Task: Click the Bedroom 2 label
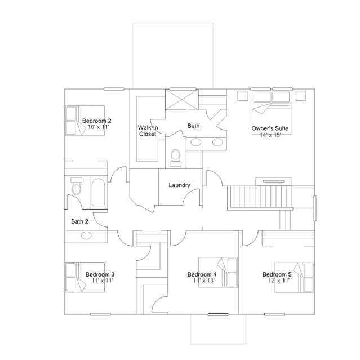pyautogui.click(x=97, y=121)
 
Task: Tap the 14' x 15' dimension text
pyautogui.click(x=270, y=135)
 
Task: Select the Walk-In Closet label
pyautogui.click(x=148, y=131)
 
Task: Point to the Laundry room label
pyautogui.click(x=180, y=185)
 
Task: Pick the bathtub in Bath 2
pyautogui.click(x=98, y=193)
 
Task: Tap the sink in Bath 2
pyautogui.click(x=86, y=235)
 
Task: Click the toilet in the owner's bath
pyautogui.click(x=176, y=158)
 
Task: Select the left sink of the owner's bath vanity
pyautogui.click(x=196, y=143)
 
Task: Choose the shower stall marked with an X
pyautogui.click(x=181, y=100)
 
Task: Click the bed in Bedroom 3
pyautogui.click(x=85, y=277)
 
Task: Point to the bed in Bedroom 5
pyautogui.click(x=294, y=278)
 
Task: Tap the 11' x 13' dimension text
pyautogui.click(x=204, y=281)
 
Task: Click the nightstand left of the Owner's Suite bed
pyautogui.click(x=242, y=96)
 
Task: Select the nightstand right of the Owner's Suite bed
pyautogui.click(x=301, y=96)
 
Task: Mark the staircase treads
pyautogui.click(x=260, y=197)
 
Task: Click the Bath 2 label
pyautogui.click(x=79, y=221)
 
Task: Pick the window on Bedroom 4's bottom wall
pyautogui.click(x=218, y=314)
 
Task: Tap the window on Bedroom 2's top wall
pyautogui.click(x=114, y=89)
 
